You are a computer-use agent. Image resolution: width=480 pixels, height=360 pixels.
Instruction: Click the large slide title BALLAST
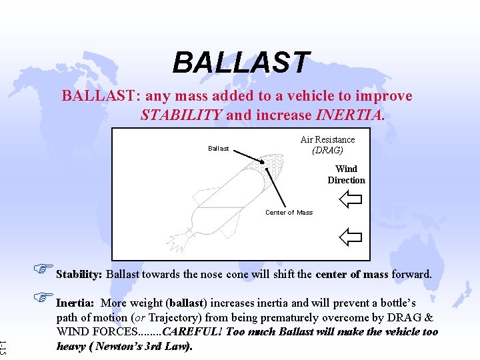(241, 63)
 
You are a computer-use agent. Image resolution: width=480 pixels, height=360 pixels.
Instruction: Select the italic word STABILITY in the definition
(181, 115)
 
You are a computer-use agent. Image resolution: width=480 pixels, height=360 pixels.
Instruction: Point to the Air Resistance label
(327, 139)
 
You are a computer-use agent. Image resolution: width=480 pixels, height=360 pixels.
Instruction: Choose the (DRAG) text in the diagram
(327, 150)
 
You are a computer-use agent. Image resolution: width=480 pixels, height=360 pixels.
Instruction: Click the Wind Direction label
(346, 175)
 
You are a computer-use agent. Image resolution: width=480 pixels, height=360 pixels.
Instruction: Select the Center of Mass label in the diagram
(289, 213)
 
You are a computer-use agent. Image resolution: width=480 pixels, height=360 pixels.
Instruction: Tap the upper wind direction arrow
(349, 199)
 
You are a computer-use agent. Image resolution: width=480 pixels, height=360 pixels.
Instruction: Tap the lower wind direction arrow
(349, 235)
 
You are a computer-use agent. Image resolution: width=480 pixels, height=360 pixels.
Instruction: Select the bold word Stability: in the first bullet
(79, 275)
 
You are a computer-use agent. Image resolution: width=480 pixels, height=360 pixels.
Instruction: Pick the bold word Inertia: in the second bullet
(75, 303)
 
